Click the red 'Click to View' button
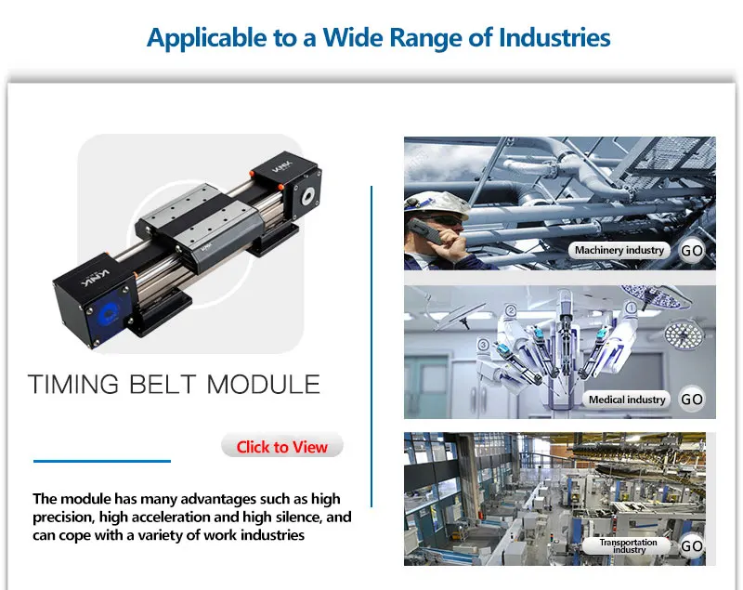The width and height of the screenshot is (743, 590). click(282, 446)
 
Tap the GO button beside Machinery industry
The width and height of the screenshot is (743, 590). click(691, 250)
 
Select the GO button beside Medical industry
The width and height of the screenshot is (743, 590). click(691, 399)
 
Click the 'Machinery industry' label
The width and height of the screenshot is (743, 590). click(619, 250)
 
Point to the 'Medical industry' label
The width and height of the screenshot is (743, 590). click(626, 400)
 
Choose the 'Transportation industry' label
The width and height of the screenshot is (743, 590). click(629, 546)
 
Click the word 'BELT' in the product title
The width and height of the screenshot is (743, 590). click(162, 385)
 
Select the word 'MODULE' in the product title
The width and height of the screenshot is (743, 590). click(264, 385)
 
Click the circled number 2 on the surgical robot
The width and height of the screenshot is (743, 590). click(510, 311)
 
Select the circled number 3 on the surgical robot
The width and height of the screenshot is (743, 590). click(483, 345)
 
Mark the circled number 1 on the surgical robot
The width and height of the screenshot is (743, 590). click(632, 308)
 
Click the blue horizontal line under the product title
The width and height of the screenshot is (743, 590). click(102, 461)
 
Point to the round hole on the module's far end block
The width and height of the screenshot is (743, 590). click(308, 195)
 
